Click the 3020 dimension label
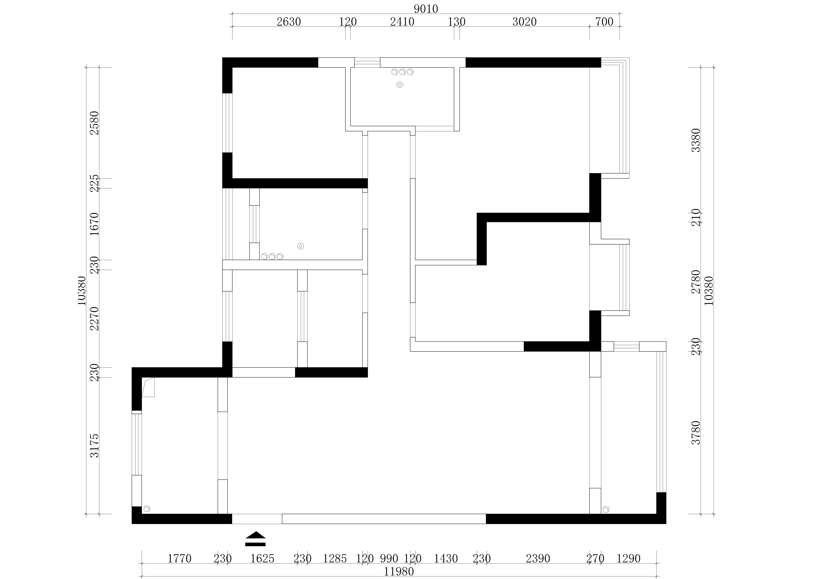pyautogui.click(x=524, y=22)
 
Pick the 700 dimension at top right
pyautogui.click(x=604, y=22)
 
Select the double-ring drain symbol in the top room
pyautogui.click(x=399, y=85)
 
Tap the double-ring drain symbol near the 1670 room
pyautogui.click(x=301, y=246)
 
